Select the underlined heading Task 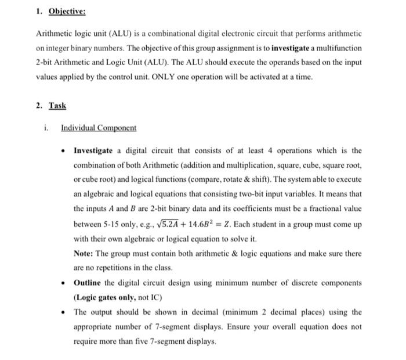[x=57, y=106]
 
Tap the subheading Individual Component [x=99, y=128]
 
